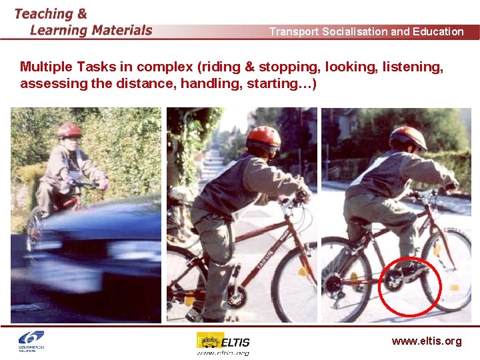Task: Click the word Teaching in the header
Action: click(x=43, y=14)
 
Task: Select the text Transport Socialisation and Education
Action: click(x=366, y=31)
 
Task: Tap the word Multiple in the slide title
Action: click(x=47, y=67)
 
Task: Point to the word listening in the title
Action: click(x=413, y=67)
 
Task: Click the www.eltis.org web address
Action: click(x=426, y=341)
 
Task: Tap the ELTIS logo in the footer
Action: click(x=223, y=343)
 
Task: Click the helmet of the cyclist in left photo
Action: click(x=69, y=129)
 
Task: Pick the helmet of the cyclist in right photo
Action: click(x=408, y=137)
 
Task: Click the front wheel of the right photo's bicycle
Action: click(x=447, y=270)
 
